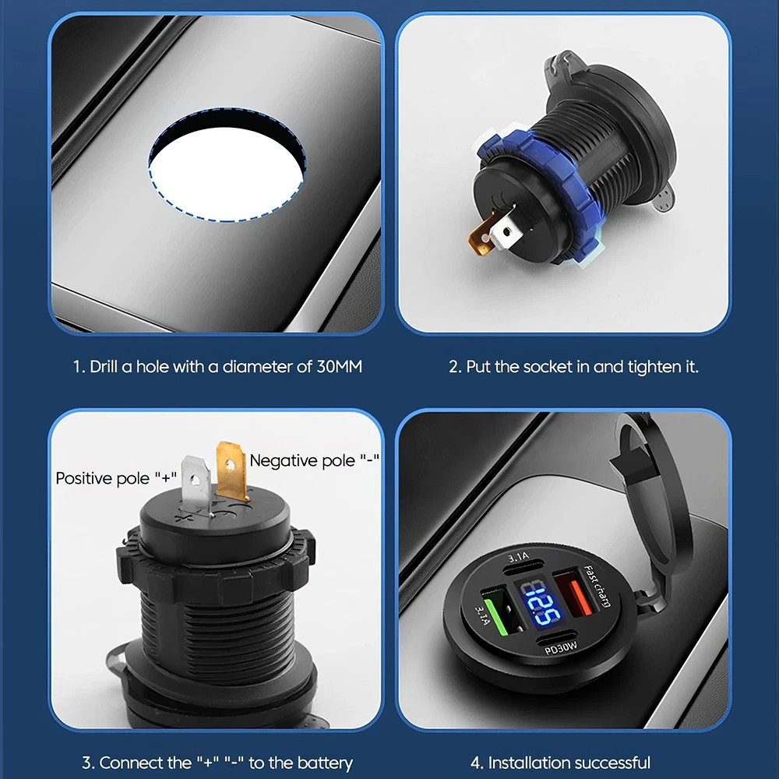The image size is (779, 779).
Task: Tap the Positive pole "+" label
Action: click(x=116, y=478)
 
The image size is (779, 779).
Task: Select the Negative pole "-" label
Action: click(x=315, y=460)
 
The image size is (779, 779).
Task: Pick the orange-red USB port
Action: click(x=576, y=596)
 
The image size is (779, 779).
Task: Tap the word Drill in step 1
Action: click(x=104, y=367)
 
